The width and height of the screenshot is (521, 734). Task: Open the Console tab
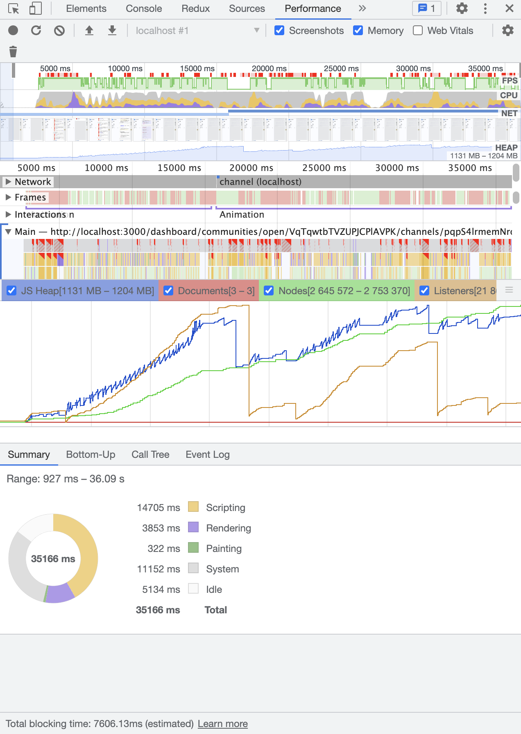point(144,9)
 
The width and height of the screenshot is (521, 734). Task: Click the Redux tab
point(195,9)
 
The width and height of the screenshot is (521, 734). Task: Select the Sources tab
point(247,9)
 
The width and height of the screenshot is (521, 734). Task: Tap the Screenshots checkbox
point(279,31)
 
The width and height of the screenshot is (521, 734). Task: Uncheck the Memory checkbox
point(358,31)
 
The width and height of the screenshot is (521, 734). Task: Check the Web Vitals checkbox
point(418,31)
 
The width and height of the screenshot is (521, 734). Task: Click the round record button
point(13,31)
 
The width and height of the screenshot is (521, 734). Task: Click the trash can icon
point(13,52)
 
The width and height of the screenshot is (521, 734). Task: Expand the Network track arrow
point(8,182)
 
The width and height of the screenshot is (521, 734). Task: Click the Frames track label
point(30,198)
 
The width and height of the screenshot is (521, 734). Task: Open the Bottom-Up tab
point(91,455)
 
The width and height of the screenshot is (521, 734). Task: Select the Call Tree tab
point(150,455)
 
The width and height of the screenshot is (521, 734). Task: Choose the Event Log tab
point(207,455)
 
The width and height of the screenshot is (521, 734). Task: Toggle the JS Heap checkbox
point(12,291)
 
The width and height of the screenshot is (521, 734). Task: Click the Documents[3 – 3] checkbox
point(168,291)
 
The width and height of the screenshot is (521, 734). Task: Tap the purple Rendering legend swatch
point(193,527)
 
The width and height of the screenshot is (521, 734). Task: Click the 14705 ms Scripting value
point(159,508)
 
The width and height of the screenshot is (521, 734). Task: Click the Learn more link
point(222,724)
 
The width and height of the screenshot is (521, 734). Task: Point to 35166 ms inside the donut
point(53,559)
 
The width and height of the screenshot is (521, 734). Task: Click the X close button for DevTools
point(509,9)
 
